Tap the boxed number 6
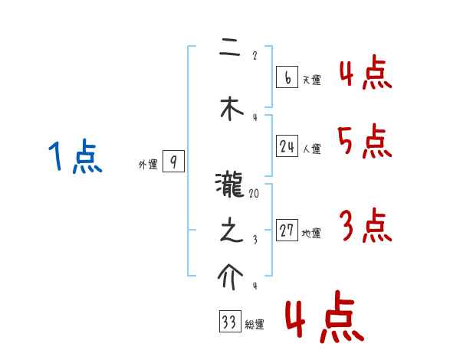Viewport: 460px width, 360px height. click(287, 77)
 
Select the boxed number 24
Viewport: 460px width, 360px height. click(287, 146)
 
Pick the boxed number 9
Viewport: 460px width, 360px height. click(174, 162)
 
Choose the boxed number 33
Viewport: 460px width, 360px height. click(229, 322)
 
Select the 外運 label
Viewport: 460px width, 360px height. click(147, 164)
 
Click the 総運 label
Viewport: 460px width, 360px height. click(255, 325)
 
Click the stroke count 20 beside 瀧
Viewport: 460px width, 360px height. click(254, 195)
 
